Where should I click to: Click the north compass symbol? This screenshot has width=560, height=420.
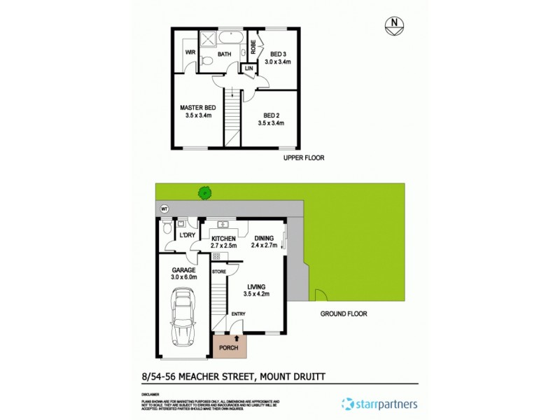(x=395, y=27)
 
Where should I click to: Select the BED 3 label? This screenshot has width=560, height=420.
(x=279, y=54)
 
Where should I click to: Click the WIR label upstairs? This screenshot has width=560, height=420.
(x=190, y=52)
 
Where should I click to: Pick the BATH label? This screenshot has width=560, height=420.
(x=224, y=54)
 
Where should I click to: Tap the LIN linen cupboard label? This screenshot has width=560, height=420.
(x=248, y=69)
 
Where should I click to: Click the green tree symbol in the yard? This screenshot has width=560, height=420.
(x=204, y=190)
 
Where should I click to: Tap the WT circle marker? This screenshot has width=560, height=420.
(x=164, y=209)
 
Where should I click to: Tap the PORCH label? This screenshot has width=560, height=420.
(x=230, y=348)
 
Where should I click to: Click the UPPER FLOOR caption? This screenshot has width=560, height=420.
(x=304, y=158)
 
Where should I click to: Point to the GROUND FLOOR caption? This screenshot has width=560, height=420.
(x=344, y=314)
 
